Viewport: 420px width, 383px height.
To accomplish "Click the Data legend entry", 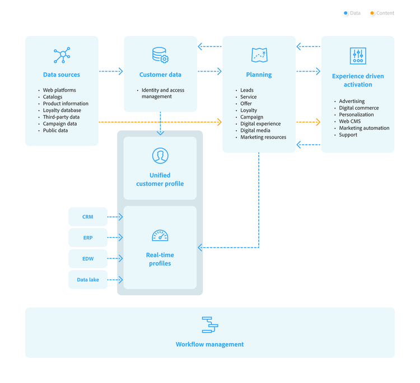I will [x=352, y=13].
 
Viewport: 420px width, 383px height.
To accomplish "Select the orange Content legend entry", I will [x=382, y=13].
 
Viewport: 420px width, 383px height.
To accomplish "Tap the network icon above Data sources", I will [x=62, y=55].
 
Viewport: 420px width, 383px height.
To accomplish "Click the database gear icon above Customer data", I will [x=160, y=55].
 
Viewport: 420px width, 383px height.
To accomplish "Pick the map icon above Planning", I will [x=259, y=55].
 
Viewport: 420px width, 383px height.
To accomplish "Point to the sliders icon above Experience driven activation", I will [x=358, y=56].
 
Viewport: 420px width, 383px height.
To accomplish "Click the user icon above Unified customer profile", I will [x=160, y=155].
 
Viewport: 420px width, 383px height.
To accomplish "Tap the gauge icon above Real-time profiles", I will [x=160, y=235].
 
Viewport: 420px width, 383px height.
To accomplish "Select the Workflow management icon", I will [x=210, y=325].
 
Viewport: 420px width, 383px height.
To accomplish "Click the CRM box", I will [x=87, y=217].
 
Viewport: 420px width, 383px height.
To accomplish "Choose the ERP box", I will [x=87, y=238].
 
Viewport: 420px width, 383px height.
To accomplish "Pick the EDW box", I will [x=87, y=259].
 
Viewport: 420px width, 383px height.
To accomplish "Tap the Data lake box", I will [x=87, y=280].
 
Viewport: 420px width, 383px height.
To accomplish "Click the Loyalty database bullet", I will [x=62, y=110].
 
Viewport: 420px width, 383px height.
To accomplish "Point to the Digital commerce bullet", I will [x=358, y=108].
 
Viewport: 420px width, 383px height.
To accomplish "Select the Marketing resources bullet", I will [x=263, y=137].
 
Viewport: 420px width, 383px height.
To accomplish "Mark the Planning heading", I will [x=259, y=74].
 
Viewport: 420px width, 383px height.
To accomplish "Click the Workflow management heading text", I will [x=210, y=344].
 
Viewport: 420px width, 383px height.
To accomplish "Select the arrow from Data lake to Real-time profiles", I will [x=115, y=280].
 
